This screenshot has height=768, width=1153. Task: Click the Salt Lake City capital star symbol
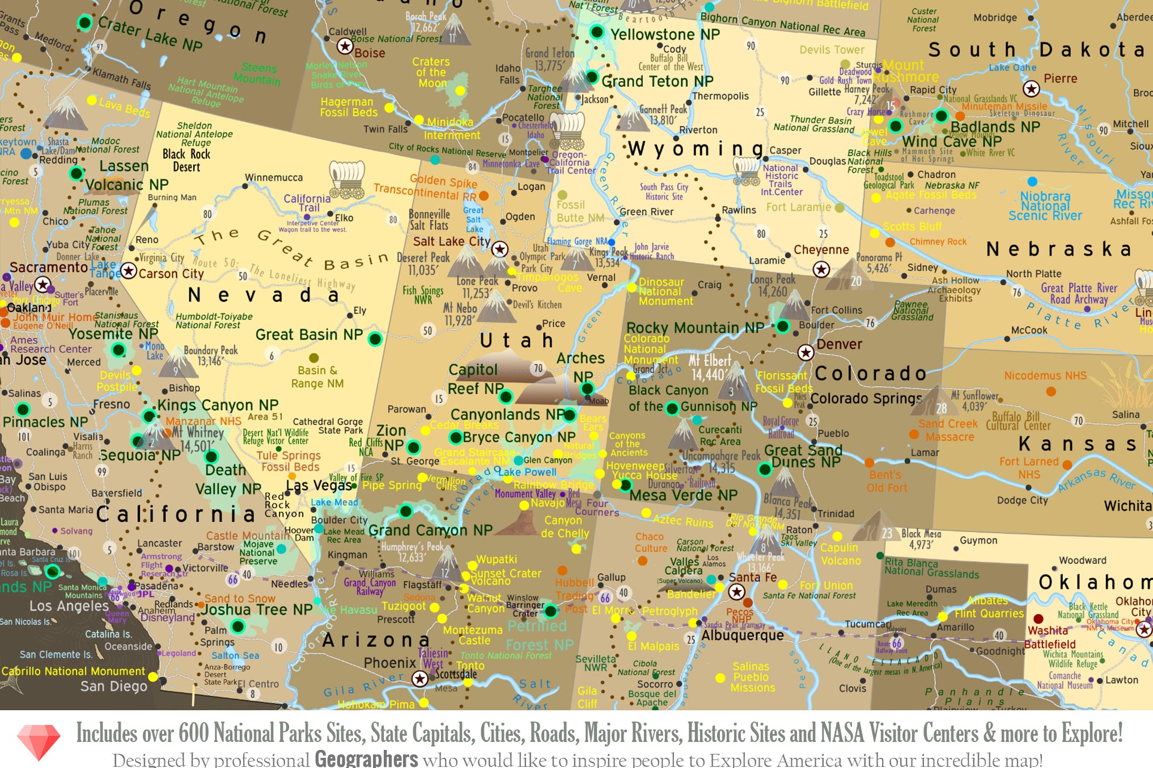[x=499, y=249]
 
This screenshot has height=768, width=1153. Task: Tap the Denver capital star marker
[x=806, y=353]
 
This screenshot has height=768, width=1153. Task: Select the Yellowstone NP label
[x=664, y=35]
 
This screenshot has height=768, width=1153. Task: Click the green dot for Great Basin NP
[x=375, y=339]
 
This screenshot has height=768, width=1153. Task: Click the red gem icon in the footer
[x=39, y=741]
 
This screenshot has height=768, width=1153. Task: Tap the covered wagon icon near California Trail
[x=347, y=180]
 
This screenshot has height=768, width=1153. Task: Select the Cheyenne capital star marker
[x=821, y=269]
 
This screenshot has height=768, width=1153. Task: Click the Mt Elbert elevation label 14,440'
[x=707, y=375]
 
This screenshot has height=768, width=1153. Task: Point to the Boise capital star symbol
[x=345, y=46]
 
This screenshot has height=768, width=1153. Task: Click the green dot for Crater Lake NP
[x=84, y=23]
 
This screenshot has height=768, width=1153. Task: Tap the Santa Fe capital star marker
[x=736, y=592]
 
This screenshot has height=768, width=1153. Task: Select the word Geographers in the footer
[x=366, y=758]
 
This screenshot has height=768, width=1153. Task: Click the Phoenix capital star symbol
[x=419, y=678]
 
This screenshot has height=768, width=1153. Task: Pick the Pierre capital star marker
[x=1031, y=89]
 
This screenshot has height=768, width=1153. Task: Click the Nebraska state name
[x=1058, y=249]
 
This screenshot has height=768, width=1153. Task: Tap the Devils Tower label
[x=832, y=50]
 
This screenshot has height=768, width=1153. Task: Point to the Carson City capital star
[x=129, y=271]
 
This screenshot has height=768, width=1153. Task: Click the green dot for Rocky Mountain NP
[x=783, y=326]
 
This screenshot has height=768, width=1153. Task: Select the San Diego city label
[x=113, y=686]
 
